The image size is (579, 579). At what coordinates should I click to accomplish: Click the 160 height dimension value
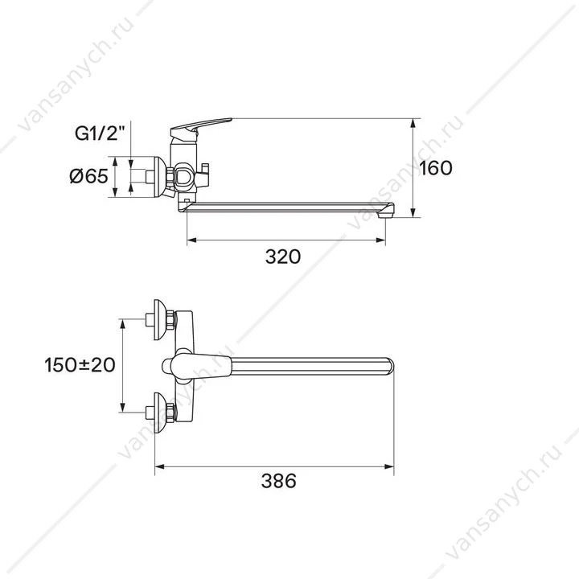click(x=436, y=168)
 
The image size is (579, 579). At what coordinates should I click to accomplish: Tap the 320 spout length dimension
click(x=283, y=257)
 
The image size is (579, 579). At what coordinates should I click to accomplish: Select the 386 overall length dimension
click(x=279, y=481)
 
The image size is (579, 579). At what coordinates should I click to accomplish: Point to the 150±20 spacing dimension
click(x=80, y=365)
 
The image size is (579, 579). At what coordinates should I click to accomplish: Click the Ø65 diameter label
click(x=89, y=176)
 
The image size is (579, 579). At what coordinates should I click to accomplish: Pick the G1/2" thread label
click(x=97, y=133)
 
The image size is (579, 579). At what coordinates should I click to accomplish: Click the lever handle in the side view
click(x=200, y=127)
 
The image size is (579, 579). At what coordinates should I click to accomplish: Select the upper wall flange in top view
click(x=160, y=320)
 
